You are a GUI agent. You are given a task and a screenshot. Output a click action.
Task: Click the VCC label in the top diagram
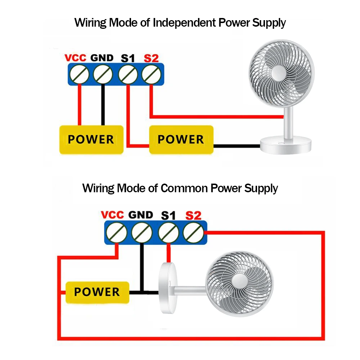75,58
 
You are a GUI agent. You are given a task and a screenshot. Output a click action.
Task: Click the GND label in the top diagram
102,58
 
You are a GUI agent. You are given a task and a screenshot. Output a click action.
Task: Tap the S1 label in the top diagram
127,58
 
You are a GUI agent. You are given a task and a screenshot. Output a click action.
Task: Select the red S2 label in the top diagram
151,58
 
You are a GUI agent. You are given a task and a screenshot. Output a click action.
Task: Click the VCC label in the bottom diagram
112,215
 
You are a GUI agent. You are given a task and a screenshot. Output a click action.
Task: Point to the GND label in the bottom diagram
141,215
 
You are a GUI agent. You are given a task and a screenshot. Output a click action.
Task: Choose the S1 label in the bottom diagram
168,216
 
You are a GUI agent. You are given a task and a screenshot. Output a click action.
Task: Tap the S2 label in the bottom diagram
193,216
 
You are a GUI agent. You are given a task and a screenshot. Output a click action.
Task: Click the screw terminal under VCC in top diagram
80,75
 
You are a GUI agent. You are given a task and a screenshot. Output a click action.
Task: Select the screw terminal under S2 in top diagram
151,75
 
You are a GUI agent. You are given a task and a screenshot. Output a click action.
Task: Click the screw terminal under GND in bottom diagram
141,233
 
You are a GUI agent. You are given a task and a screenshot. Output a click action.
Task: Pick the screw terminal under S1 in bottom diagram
167,233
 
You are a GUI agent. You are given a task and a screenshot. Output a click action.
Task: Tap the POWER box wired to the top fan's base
181,139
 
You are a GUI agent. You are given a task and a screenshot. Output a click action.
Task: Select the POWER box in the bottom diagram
97,292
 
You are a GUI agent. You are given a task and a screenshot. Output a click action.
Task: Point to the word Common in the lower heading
184,188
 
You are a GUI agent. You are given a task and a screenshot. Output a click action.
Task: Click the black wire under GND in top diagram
103,104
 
